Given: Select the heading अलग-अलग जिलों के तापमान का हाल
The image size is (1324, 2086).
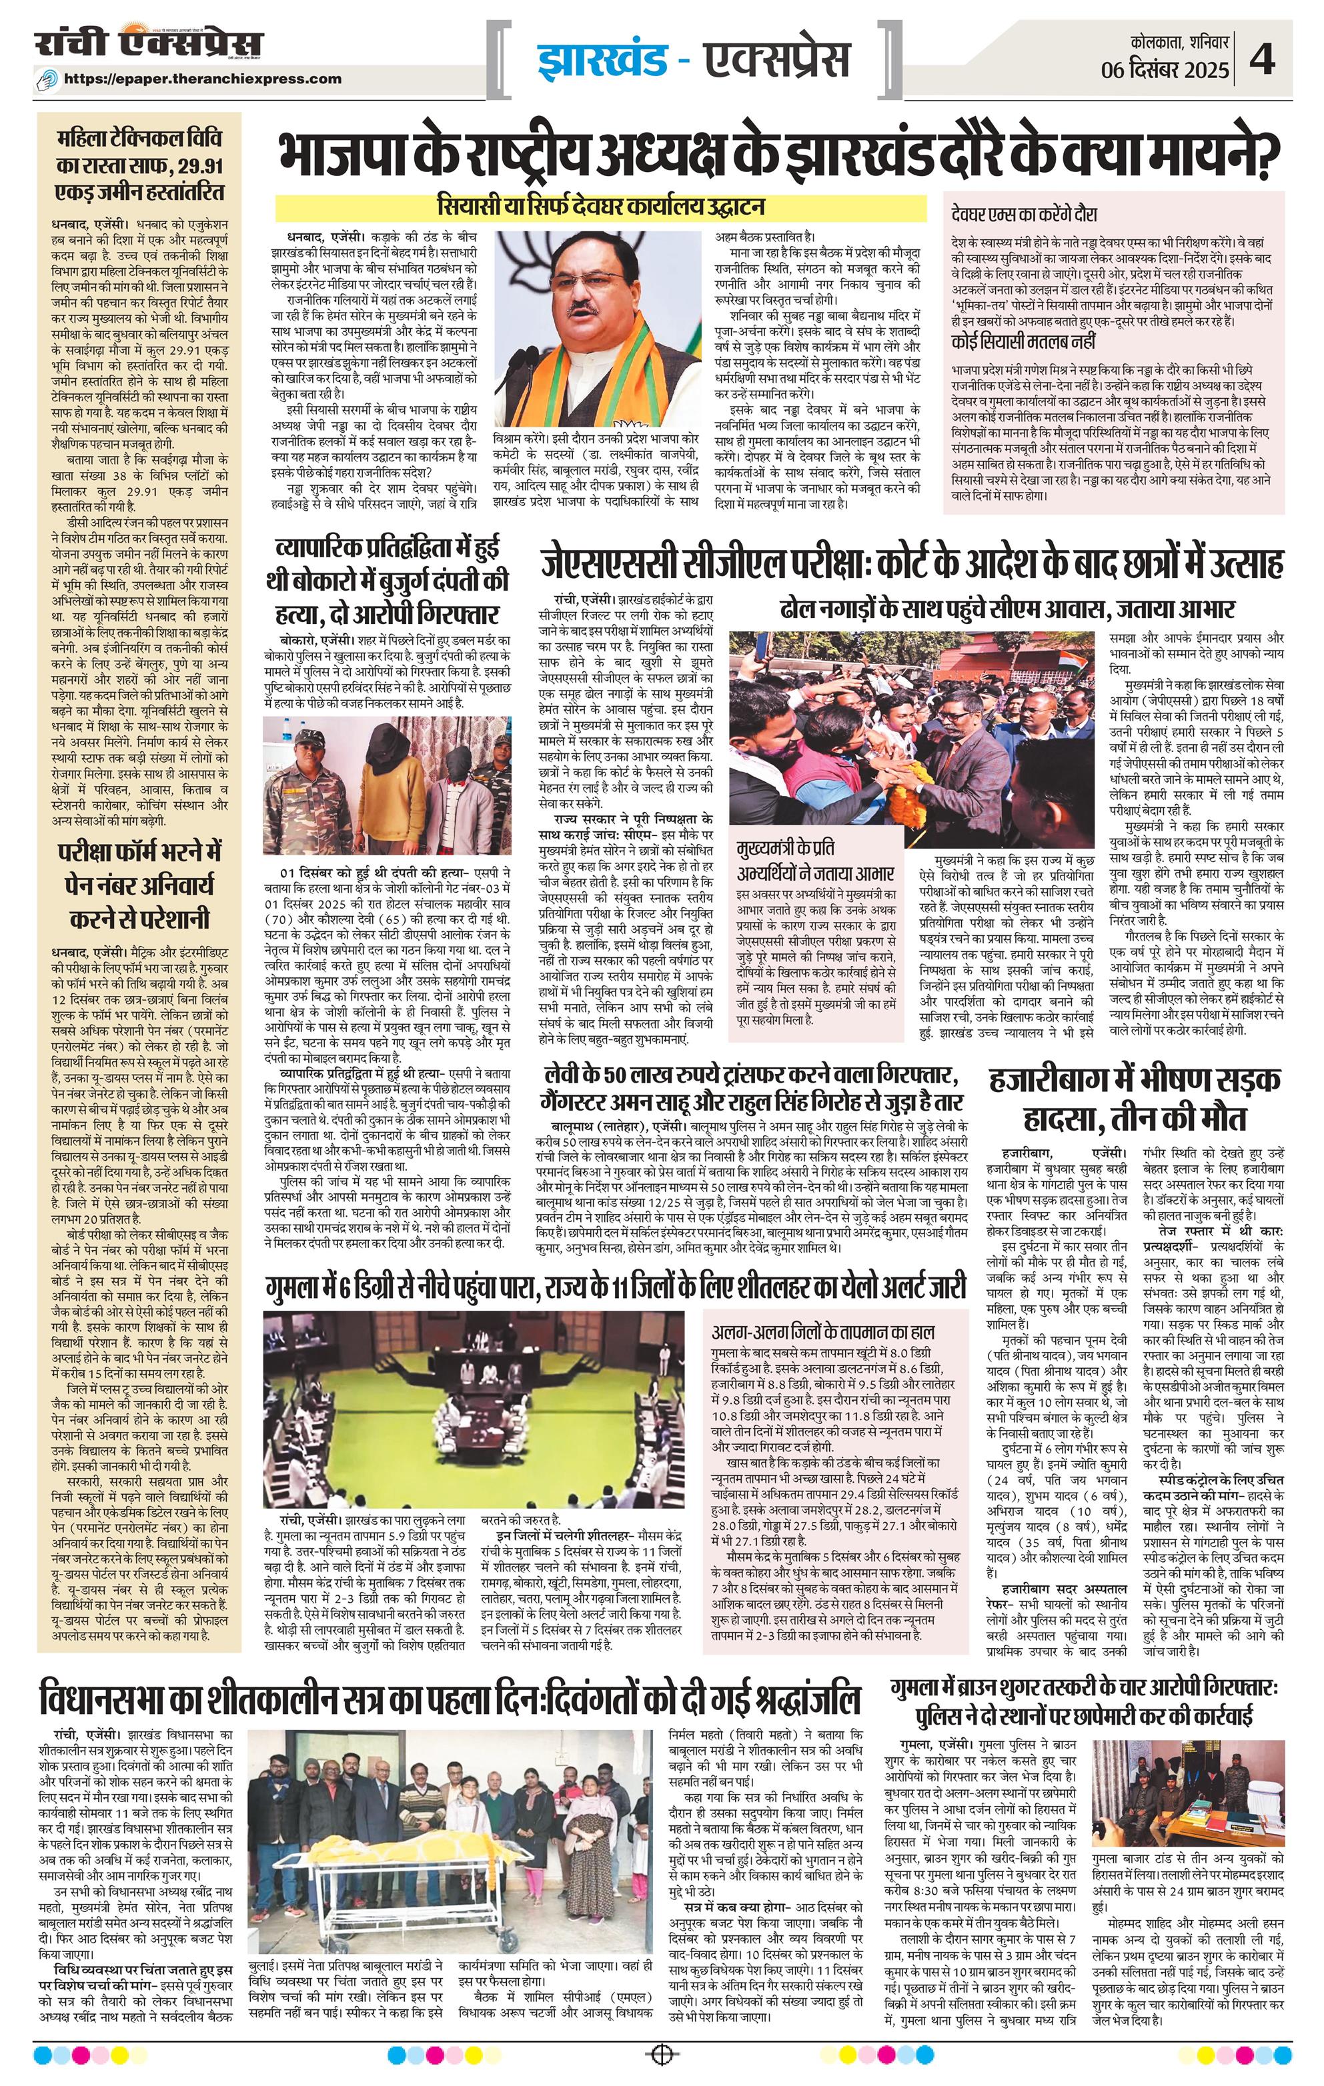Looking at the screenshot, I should (823, 1331).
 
